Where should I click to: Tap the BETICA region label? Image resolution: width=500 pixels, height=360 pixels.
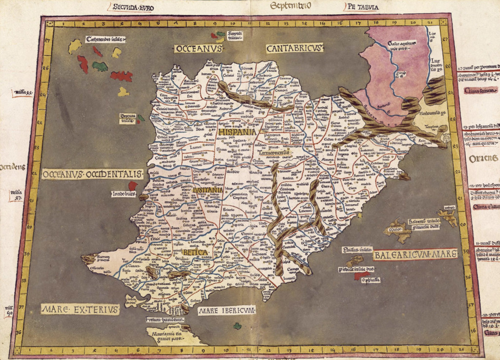pos(196,252)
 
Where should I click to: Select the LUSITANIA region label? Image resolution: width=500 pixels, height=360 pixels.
pos(208,190)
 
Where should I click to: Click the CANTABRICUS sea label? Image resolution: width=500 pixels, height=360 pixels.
pos(295,48)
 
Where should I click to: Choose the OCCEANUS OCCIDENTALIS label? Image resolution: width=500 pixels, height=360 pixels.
pos(92,174)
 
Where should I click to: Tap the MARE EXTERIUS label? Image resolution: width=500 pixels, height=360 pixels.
pos(80,309)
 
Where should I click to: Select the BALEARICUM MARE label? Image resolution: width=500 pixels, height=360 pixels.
pos(415,254)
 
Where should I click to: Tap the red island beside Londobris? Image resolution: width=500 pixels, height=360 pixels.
pos(132,186)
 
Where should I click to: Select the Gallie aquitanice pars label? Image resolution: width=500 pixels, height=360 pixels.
pos(403,46)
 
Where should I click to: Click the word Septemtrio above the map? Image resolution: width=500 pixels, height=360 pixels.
pos(287,5)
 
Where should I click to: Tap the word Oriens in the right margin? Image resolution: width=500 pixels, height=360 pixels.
pos(483,158)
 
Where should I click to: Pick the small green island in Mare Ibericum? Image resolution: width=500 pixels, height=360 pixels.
pos(237,326)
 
